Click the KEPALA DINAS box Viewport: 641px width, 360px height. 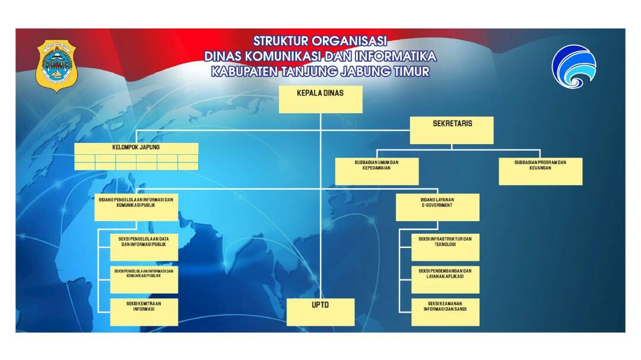(320, 99)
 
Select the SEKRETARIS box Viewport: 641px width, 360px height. (452, 130)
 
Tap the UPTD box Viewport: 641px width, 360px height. (320, 312)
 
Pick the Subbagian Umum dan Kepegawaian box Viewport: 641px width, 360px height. (377, 171)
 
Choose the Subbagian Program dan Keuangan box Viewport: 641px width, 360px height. (540, 171)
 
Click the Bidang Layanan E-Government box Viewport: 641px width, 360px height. (437, 207)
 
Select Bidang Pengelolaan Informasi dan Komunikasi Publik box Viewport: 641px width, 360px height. (136, 207)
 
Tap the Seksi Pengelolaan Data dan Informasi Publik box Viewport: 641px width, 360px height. (144, 247)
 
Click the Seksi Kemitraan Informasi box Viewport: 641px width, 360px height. (144, 312)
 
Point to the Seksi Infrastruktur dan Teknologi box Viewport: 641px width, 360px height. (445, 247)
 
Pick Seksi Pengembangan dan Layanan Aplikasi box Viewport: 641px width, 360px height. (445, 279)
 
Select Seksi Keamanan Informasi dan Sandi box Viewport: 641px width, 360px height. (445, 312)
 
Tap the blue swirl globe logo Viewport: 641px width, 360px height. (575, 66)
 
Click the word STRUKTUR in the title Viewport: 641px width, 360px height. (281, 42)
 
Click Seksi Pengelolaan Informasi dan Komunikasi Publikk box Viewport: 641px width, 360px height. (144, 279)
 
